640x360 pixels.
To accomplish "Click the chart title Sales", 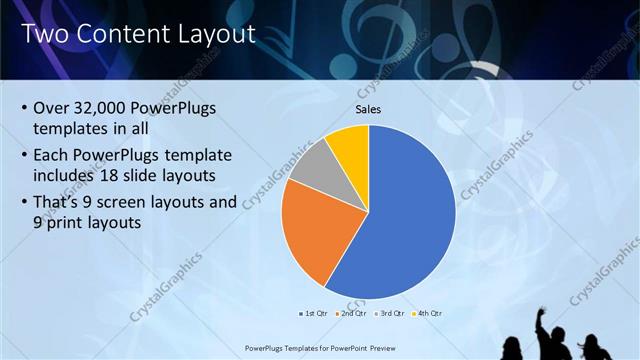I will (x=369, y=109).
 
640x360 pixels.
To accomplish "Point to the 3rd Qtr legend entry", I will (x=391, y=313).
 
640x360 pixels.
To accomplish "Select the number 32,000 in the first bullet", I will (x=104, y=108).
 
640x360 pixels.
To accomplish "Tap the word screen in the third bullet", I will (x=143, y=202).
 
